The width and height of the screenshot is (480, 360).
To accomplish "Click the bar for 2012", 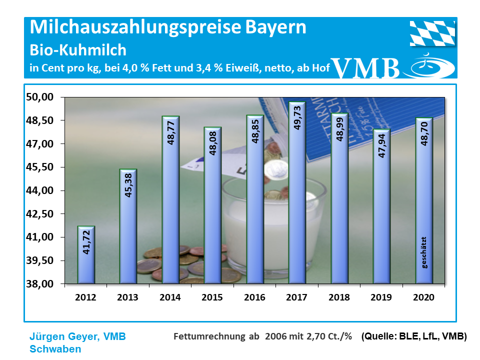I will (86, 255).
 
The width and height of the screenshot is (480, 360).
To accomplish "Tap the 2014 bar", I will (170, 200).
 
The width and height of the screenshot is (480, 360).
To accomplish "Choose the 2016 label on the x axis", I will (254, 297).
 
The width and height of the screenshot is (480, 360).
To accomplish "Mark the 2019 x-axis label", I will (381, 297).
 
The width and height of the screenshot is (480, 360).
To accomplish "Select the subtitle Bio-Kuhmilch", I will (78, 50).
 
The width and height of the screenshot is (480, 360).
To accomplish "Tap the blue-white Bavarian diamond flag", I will (433, 33).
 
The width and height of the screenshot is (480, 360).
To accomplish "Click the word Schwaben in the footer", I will (55, 349).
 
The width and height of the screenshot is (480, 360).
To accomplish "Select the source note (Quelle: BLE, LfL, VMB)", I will (413, 336).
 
